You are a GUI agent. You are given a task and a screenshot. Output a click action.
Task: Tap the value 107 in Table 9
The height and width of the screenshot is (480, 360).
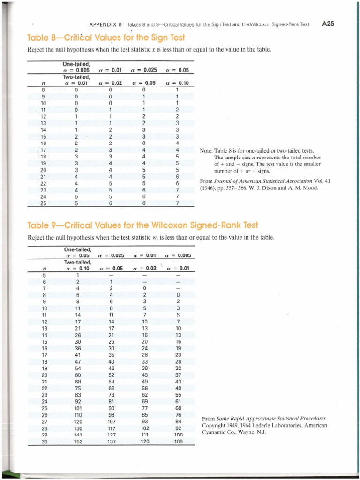[x=110, y=423]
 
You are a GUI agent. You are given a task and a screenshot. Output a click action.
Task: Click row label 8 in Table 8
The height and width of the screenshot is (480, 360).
[x=43, y=89]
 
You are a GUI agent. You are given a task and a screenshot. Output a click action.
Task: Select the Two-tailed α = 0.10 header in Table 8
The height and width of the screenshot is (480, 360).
[x=177, y=83]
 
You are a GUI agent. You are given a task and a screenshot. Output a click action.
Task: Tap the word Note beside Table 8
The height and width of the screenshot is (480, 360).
[x=207, y=151]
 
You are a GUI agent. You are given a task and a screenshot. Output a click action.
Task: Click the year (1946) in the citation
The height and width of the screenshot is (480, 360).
[x=209, y=188]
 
